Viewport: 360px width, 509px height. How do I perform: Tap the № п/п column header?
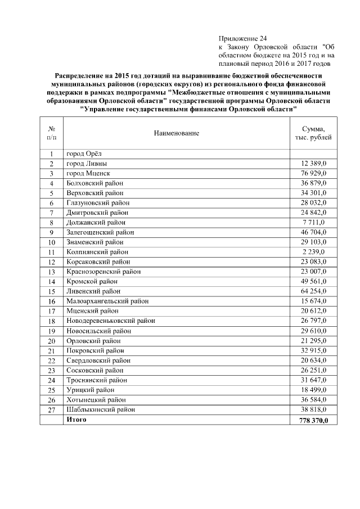[x=51, y=133]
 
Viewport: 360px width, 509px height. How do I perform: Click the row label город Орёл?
[x=84, y=154]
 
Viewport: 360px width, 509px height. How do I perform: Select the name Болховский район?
[x=94, y=183]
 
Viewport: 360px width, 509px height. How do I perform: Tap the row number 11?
[x=51, y=252]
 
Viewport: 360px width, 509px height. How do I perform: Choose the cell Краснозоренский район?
[x=103, y=272]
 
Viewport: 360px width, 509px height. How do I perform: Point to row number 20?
[x=51, y=341]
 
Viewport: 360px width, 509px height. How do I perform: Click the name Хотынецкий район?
[x=94, y=400]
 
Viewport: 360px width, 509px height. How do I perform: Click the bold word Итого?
[x=76, y=420]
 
